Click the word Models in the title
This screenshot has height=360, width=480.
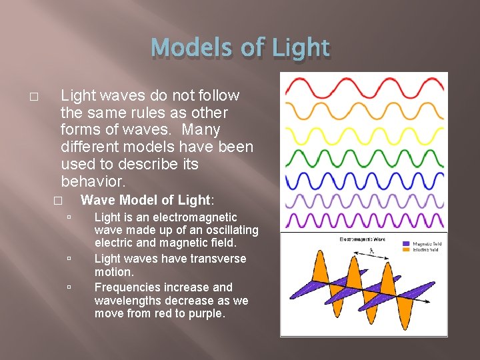(183, 48)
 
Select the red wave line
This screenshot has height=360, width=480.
(363, 88)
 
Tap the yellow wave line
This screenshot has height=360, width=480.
(363, 135)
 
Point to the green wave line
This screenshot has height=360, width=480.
(363, 157)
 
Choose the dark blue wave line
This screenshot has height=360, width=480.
(363, 180)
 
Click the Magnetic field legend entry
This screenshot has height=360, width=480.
(427, 244)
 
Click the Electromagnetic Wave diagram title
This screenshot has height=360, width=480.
(362, 239)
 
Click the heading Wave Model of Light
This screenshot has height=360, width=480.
(147, 200)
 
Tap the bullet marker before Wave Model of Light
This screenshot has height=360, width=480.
(58, 201)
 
